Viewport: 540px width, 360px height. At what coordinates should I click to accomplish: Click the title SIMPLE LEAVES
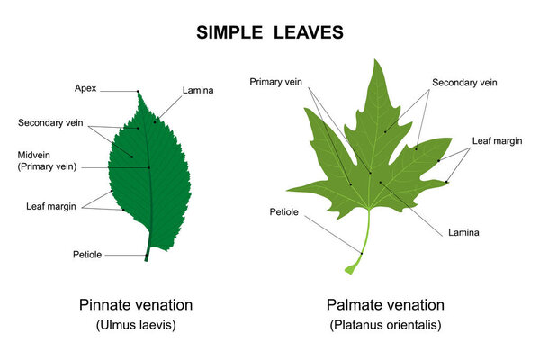(x=269, y=33)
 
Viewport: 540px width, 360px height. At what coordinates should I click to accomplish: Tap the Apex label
(x=85, y=88)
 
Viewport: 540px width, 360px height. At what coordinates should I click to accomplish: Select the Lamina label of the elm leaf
(x=197, y=91)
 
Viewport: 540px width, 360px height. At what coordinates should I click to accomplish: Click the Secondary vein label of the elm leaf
(x=50, y=122)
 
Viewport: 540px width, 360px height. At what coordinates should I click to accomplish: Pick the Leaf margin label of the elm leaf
(x=50, y=206)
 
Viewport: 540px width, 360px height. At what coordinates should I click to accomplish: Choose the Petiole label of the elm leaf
(x=87, y=255)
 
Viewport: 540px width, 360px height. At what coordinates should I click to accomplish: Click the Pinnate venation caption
(x=136, y=304)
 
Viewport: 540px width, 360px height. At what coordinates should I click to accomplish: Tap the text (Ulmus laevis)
(x=135, y=324)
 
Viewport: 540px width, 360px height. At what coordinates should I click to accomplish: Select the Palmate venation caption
(x=386, y=304)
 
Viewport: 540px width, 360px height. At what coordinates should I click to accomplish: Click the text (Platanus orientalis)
(x=386, y=324)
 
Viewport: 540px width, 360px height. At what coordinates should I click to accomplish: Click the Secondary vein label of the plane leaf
(x=464, y=82)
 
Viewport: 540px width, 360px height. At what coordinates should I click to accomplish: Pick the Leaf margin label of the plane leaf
(x=494, y=141)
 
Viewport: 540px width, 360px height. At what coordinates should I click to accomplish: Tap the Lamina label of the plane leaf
(x=463, y=232)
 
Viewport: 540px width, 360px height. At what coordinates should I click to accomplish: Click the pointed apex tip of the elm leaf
(x=138, y=92)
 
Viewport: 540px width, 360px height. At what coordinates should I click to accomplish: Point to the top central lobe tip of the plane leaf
(x=376, y=61)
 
